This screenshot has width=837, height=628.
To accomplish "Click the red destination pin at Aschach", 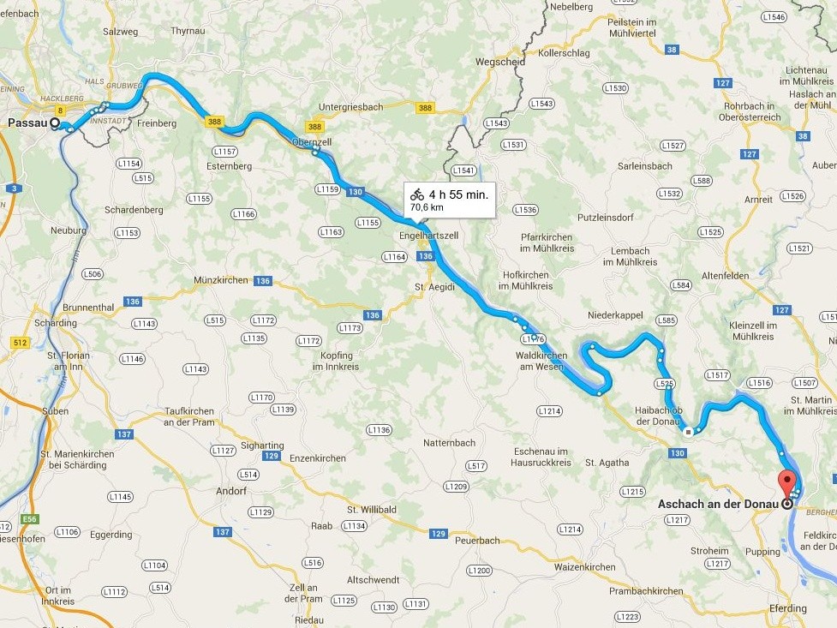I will (786, 482).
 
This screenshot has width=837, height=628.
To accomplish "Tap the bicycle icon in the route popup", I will (417, 194).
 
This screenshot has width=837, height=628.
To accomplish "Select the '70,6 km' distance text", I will (427, 207).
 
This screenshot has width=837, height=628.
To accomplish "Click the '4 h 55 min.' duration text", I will (458, 194).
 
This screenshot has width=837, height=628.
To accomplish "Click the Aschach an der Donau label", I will (718, 504).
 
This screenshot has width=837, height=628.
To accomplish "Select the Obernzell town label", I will (311, 141).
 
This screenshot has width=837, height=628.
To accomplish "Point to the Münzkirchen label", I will (221, 280).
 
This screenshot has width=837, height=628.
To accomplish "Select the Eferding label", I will (786, 608).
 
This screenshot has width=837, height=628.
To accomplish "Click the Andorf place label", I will (232, 492).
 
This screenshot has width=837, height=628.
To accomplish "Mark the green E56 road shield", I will (31, 519).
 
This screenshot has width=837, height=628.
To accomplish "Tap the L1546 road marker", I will (773, 17).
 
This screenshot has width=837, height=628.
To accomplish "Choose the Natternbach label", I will (449, 443).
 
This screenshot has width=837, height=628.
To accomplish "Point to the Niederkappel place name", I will (615, 315).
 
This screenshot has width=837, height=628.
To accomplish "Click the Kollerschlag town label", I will (565, 53).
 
